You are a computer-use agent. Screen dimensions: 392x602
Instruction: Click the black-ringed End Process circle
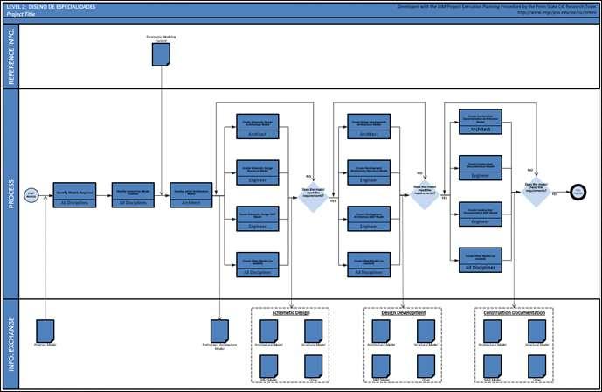[578, 192]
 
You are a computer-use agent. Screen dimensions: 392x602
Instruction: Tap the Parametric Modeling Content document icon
[161, 54]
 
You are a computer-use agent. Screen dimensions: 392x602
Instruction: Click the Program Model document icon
[46, 331]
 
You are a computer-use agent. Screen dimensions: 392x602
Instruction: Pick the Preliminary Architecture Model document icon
[219, 331]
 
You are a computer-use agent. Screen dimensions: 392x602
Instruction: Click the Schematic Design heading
[291, 311]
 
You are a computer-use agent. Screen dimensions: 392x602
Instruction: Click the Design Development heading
[403, 311]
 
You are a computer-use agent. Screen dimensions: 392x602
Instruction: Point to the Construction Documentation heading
[515, 311]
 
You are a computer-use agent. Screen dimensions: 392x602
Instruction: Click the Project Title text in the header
[20, 14]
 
